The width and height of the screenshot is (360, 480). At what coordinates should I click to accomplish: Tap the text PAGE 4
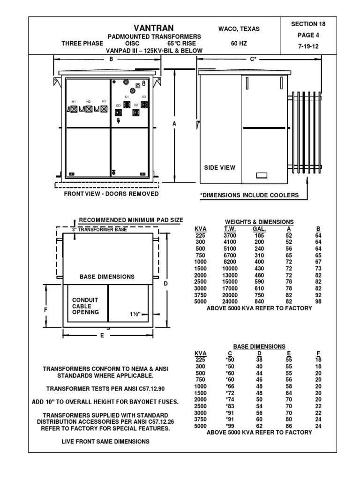(308, 35)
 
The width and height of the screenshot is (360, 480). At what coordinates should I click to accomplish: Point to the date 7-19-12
(308, 46)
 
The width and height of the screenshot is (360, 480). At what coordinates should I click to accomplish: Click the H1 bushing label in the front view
(74, 101)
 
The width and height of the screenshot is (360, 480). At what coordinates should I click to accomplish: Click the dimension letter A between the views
(174, 123)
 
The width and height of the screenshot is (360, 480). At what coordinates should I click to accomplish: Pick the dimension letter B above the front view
(111, 59)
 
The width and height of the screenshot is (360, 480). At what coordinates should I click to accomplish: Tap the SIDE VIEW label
(219, 167)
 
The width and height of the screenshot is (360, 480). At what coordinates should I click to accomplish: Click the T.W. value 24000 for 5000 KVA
(230, 302)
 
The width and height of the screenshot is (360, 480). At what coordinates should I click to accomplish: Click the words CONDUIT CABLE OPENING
(85, 306)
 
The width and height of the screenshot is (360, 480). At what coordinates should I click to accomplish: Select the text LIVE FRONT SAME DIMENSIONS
(105, 442)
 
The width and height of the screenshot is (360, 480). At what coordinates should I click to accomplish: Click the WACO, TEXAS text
(239, 29)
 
